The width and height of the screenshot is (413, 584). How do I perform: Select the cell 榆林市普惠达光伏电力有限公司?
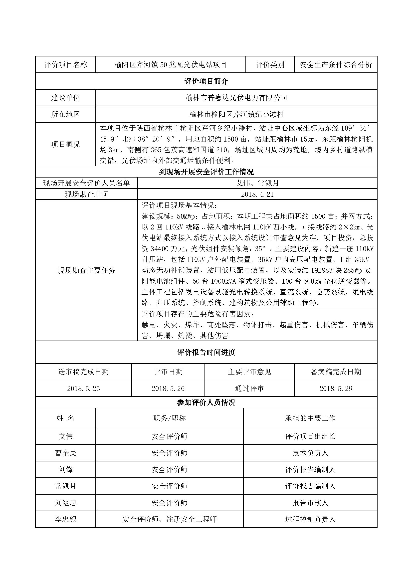coord(236,98)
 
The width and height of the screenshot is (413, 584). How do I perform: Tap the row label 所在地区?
coord(65,114)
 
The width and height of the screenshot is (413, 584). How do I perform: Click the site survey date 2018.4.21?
coord(257,194)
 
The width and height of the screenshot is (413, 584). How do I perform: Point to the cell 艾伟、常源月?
coord(257,183)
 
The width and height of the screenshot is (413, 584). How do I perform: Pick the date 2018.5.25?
coord(83,389)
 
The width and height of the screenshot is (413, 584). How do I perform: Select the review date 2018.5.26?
coord(168,389)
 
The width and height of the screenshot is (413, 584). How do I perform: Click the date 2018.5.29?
coord(336,389)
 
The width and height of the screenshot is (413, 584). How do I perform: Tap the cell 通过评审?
coord(249,389)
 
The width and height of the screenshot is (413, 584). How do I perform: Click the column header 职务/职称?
coord(169,418)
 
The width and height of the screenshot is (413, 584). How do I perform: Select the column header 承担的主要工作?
coord(310,418)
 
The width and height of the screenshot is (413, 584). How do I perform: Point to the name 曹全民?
coord(66,453)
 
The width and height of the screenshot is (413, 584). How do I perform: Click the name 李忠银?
coord(66,519)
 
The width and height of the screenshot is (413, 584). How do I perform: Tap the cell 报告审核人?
coord(310,503)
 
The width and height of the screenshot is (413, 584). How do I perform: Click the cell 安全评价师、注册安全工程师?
coord(169,519)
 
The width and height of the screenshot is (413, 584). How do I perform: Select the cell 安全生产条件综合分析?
coord(336,65)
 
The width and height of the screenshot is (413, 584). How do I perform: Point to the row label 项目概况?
coord(65,145)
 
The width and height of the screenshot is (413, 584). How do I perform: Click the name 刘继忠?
coord(66,503)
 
